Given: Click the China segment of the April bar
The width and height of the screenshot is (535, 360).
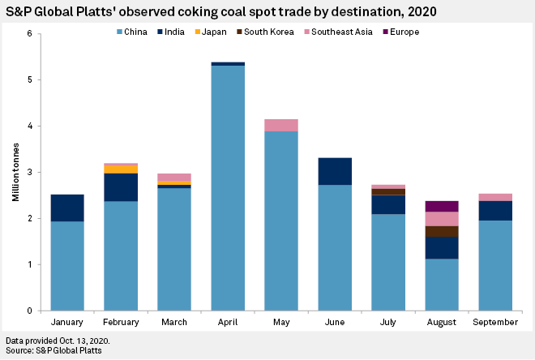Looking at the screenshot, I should (228, 187).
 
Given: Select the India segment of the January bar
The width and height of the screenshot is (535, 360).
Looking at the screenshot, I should (67, 208).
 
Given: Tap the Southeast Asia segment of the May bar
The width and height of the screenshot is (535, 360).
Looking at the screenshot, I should (281, 125).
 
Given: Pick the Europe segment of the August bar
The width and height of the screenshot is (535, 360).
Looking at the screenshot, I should (441, 206).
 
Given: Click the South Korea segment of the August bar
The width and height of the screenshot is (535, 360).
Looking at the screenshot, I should (441, 231).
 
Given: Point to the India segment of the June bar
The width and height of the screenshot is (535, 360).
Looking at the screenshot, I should (335, 171).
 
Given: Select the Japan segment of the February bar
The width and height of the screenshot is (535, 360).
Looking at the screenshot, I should (121, 169).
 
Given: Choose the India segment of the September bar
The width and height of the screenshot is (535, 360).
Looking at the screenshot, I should (494, 211).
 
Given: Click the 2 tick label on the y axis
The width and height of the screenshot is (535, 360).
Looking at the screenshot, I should (30, 219).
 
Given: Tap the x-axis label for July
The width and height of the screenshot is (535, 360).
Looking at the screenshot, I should (387, 322).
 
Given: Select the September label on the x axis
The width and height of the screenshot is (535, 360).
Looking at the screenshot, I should (494, 322).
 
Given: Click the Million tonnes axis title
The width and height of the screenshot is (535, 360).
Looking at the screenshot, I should (14, 173).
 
